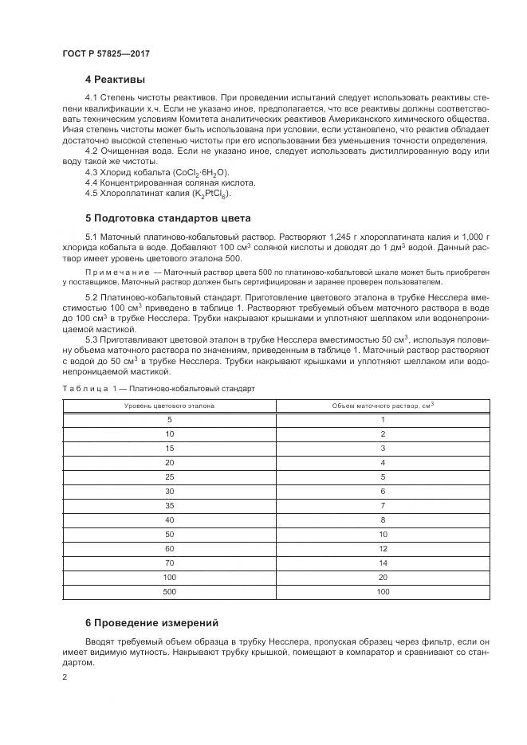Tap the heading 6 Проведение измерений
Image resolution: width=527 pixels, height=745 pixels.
click(151, 622)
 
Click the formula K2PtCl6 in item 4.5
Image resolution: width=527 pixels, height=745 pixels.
click(209, 194)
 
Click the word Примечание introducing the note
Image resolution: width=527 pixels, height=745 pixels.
click(114, 272)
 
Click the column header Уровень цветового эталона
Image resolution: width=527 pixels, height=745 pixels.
click(169, 406)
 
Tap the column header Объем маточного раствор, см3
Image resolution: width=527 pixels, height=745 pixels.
click(383, 406)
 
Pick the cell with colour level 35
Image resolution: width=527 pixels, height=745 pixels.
click(169, 505)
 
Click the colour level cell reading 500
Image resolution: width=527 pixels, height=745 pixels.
click(169, 592)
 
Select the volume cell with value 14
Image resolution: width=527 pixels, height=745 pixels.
click(383, 563)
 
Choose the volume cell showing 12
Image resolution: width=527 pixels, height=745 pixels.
click(383, 548)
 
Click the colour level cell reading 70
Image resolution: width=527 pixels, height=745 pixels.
click(169, 563)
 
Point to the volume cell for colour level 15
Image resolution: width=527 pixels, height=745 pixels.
click(383, 448)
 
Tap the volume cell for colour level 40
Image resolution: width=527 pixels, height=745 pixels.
click(383, 520)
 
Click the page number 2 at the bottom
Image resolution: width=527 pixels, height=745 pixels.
click(64, 677)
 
